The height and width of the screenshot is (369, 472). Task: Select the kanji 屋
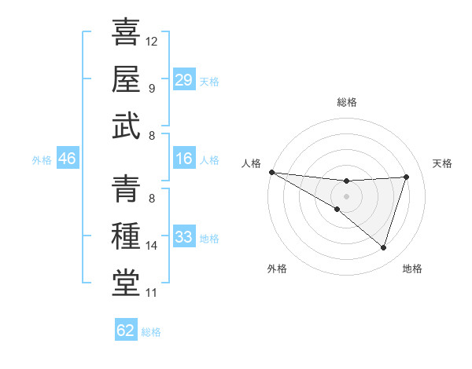click(127, 79)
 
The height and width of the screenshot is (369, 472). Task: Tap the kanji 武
click(127, 126)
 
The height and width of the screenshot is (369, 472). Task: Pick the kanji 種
click(127, 236)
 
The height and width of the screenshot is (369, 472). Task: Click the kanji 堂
click(127, 283)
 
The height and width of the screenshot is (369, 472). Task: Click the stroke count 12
click(152, 41)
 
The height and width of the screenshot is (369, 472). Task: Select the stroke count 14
click(152, 246)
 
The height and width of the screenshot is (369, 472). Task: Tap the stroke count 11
click(152, 294)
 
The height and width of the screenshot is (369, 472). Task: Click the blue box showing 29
click(183, 80)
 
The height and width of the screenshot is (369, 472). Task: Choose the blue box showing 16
click(183, 159)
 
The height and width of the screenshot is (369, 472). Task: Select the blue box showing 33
click(183, 237)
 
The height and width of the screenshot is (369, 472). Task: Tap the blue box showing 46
click(67, 159)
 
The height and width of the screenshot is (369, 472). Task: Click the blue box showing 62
click(126, 331)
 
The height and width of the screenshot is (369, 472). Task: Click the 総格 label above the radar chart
click(346, 102)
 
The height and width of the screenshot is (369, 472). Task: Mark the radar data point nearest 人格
click(271, 171)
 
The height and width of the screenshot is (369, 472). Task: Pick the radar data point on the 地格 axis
click(383, 248)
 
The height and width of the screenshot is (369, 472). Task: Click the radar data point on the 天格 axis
click(406, 177)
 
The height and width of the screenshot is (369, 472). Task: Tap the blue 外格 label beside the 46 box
click(42, 160)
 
